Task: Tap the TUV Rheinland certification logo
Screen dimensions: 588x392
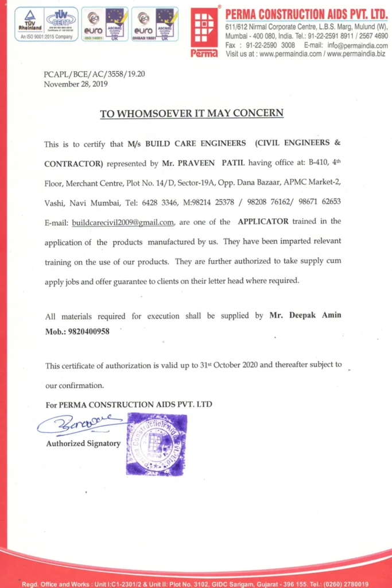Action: point(27,24)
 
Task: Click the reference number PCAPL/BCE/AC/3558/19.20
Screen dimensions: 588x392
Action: point(94,74)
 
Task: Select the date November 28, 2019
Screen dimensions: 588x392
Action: point(76,84)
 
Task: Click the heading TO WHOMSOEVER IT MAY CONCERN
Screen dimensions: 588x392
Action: point(192,113)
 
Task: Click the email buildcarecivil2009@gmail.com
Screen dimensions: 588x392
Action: point(123,222)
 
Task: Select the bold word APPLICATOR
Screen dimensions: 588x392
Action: point(263,222)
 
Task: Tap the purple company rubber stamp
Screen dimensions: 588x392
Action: point(156,444)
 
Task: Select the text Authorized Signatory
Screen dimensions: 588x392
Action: point(83,443)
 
